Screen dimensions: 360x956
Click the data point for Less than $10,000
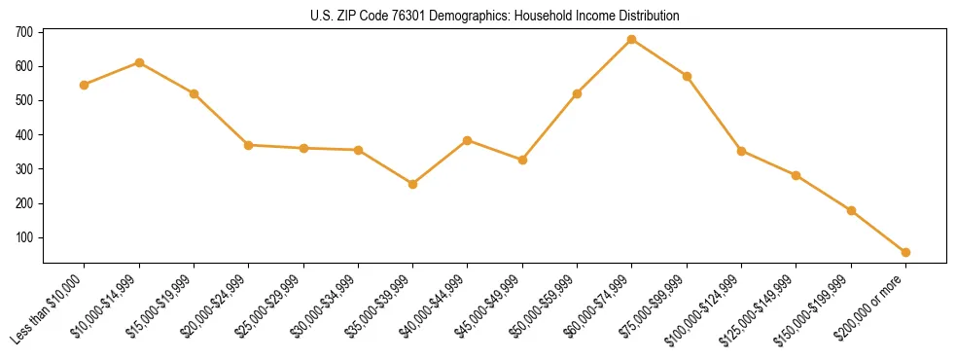[x=85, y=85]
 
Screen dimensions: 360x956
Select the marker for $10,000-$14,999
[x=139, y=62]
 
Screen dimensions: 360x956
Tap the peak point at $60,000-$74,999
[x=632, y=39]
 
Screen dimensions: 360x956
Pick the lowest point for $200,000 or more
[x=905, y=252]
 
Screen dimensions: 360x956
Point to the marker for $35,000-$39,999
[x=413, y=184]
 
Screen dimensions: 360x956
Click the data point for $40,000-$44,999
[x=468, y=140]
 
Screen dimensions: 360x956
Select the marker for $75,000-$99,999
[x=687, y=76]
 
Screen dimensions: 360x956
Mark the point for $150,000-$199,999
[x=851, y=210]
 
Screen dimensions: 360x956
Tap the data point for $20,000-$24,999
[x=249, y=145]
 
